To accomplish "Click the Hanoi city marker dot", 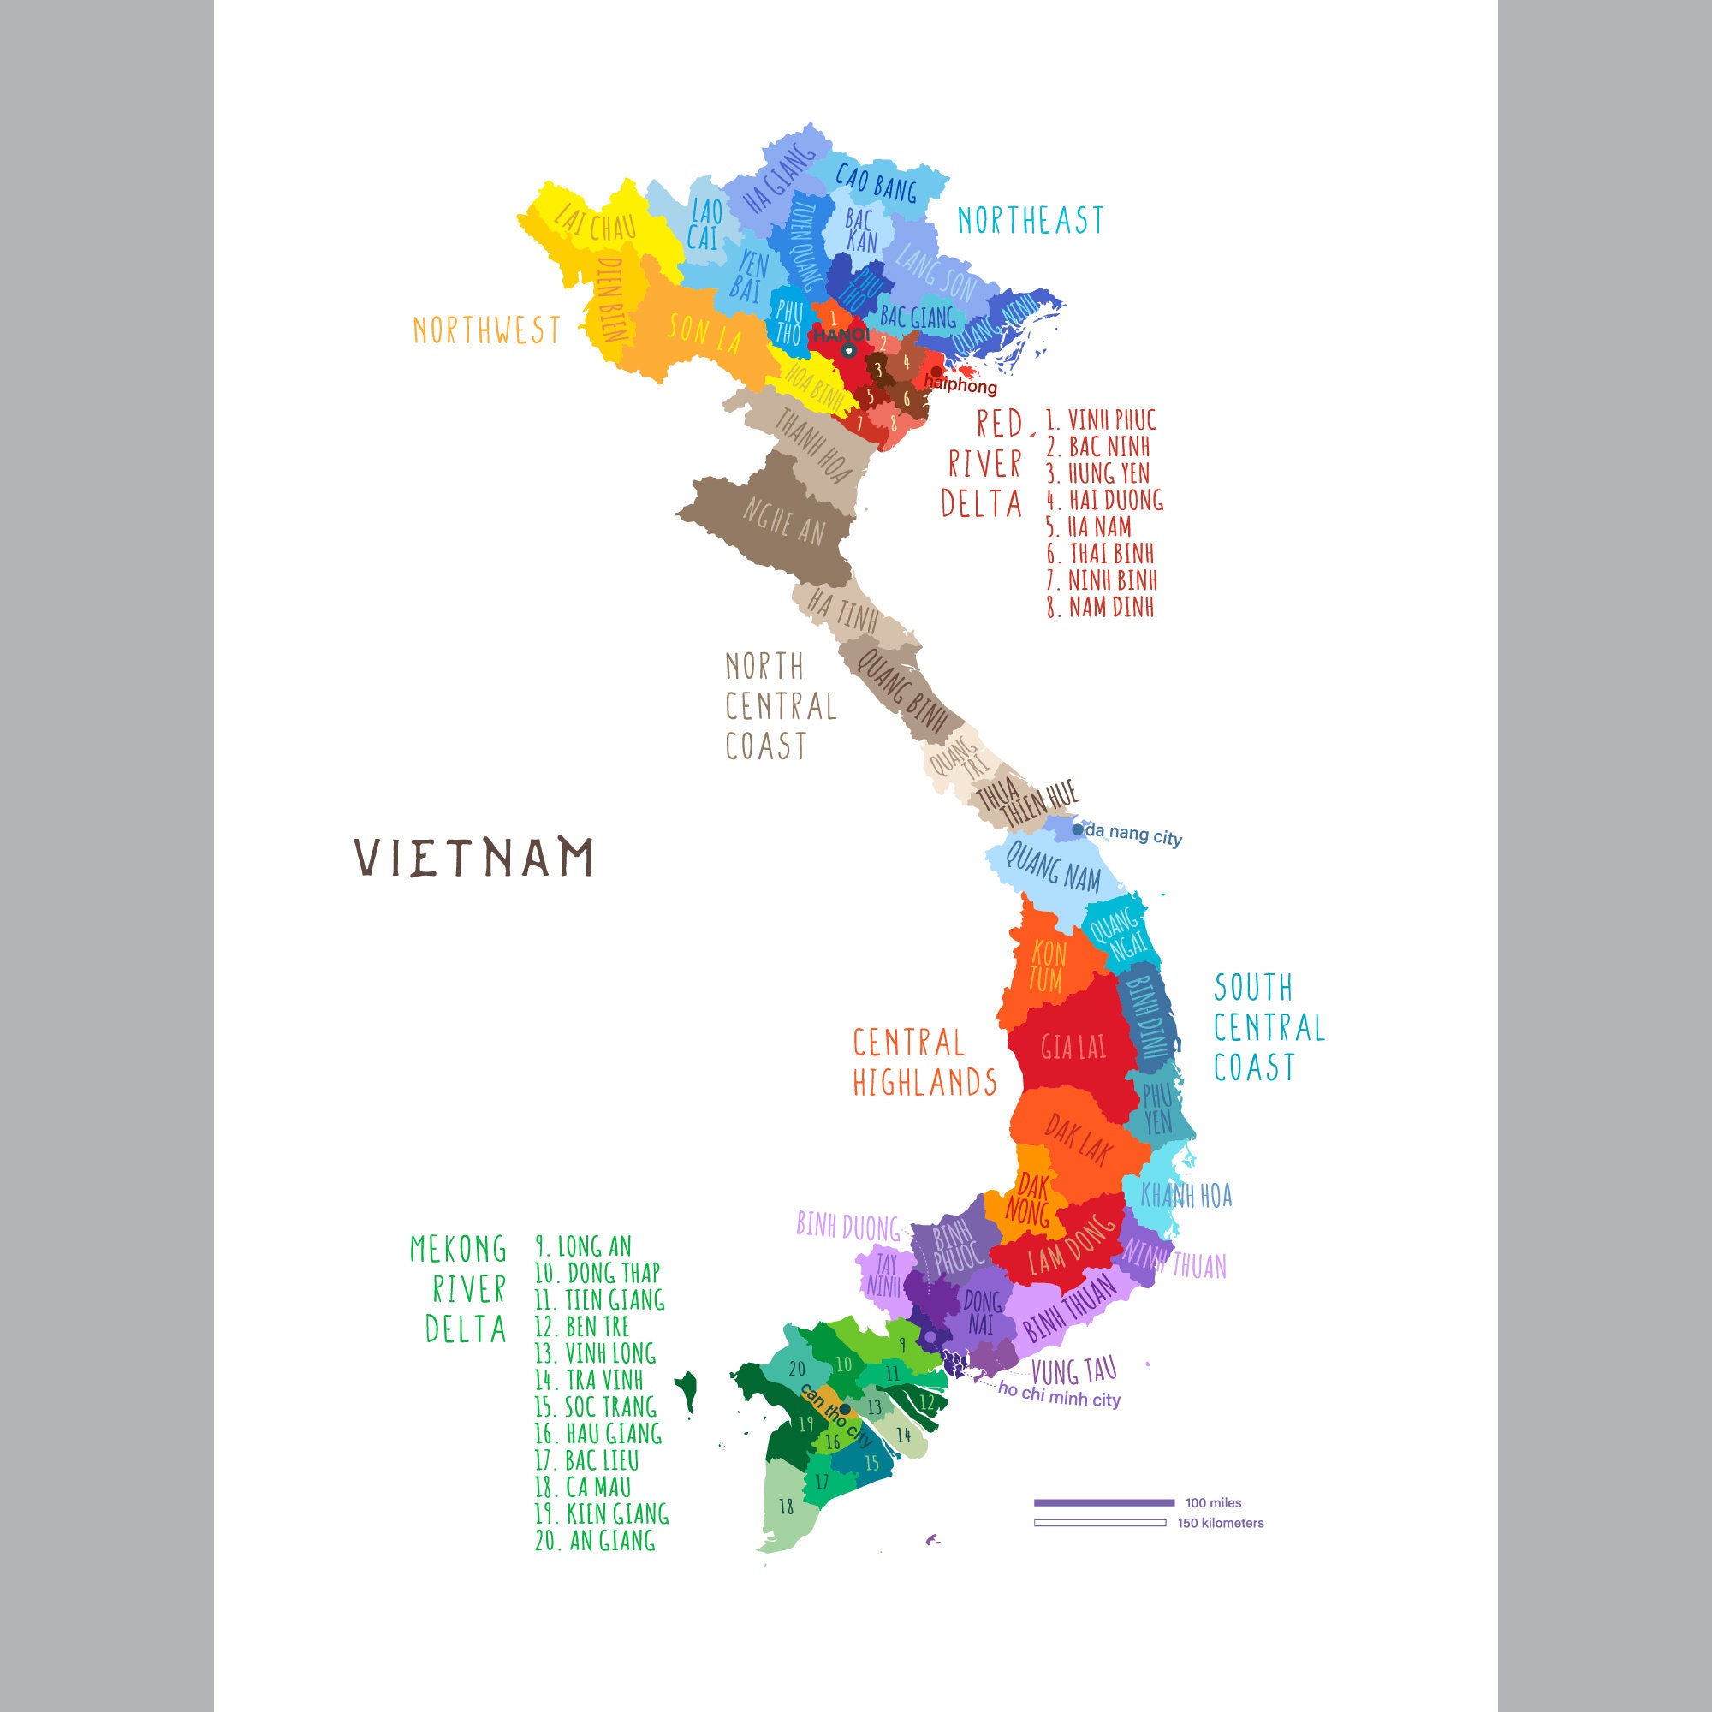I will click(848, 351).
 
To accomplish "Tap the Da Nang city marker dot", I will click(1078, 829).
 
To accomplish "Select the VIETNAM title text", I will click(474, 857).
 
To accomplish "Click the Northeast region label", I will click(1031, 220).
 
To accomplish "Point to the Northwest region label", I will click(486, 330).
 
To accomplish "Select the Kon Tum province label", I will click(1048, 966).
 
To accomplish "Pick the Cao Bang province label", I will click(877, 182).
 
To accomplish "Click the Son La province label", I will click(704, 331).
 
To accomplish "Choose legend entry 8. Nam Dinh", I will click(1101, 607).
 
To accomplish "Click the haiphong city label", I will click(960, 385).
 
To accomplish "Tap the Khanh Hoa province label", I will click(1186, 1195).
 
